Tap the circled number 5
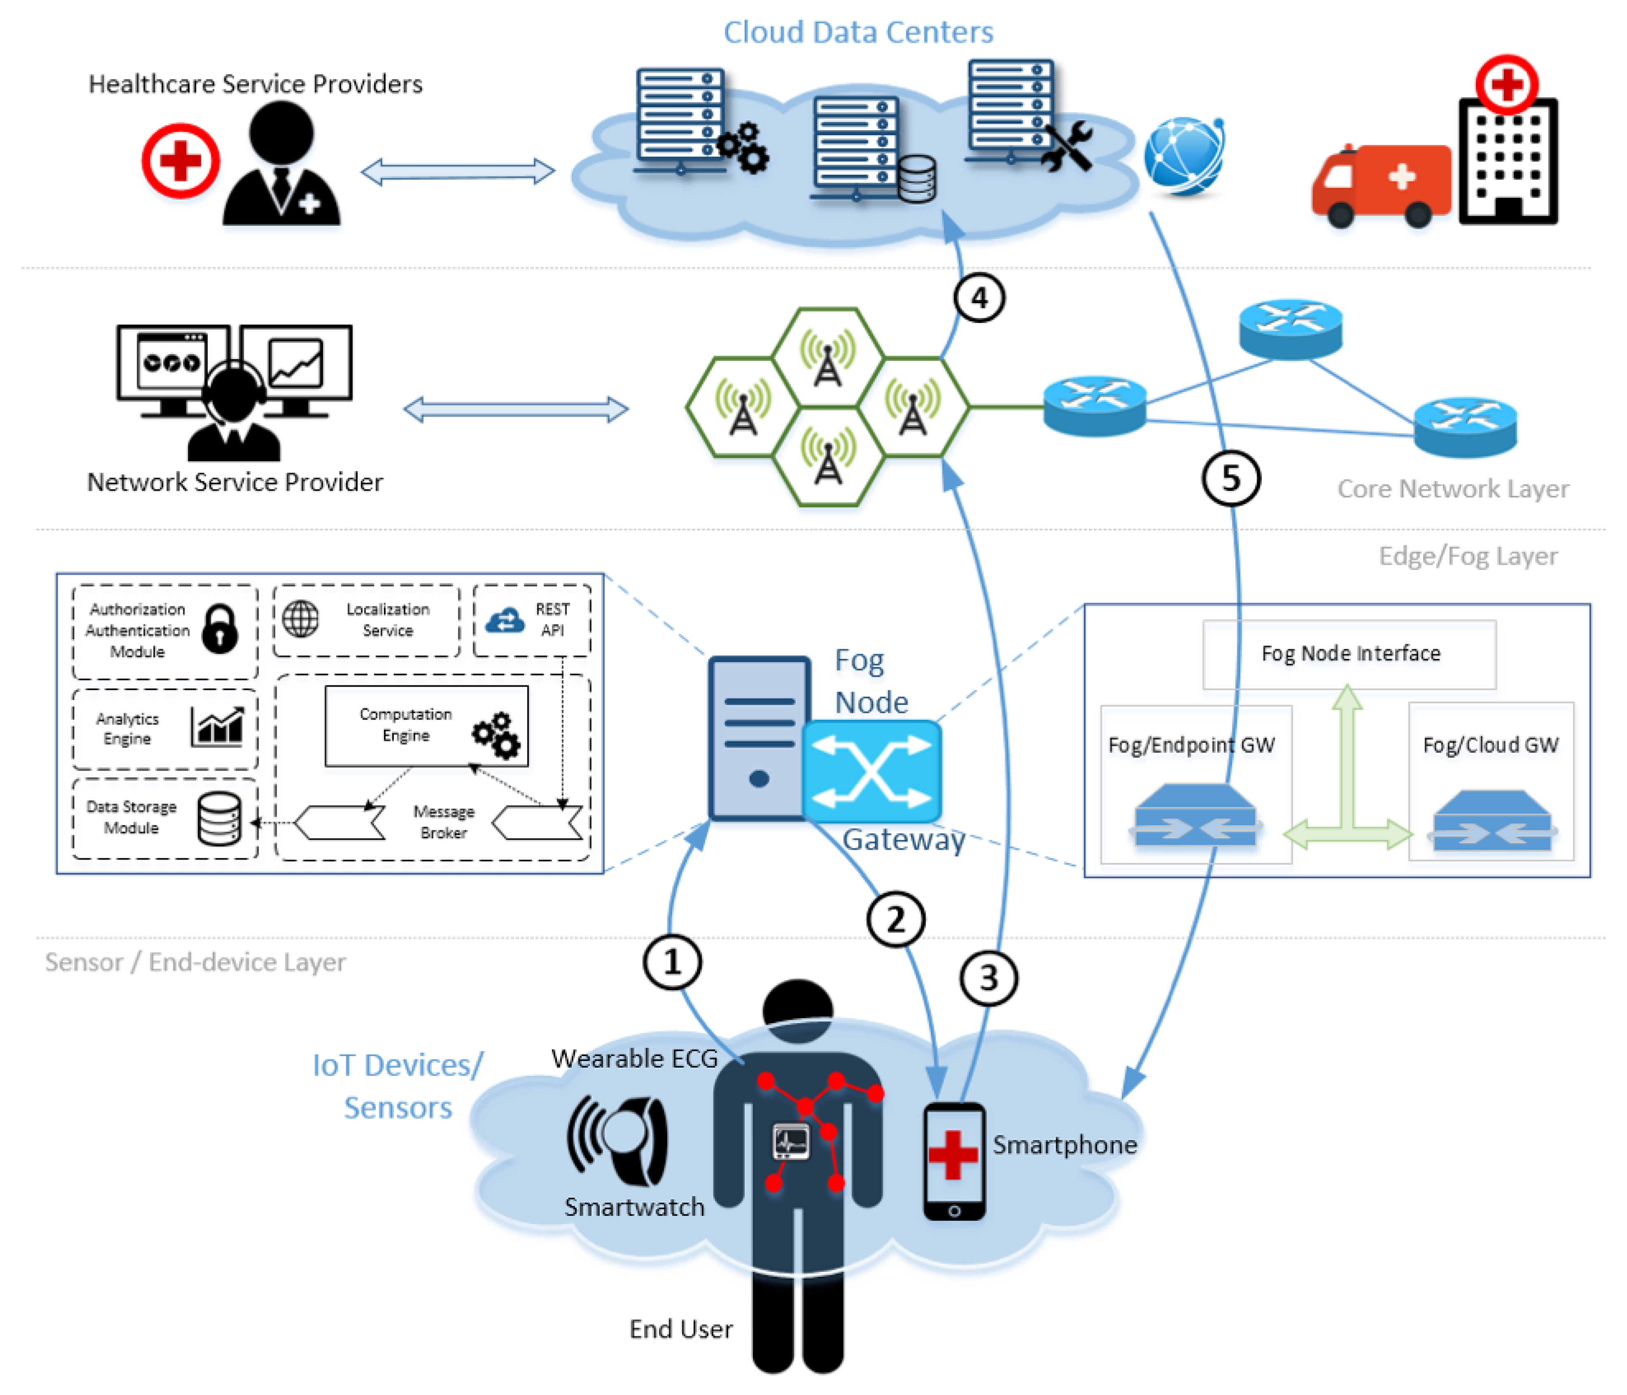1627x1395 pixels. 1230,478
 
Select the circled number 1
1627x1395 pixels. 672,962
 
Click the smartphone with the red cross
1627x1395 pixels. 954,1161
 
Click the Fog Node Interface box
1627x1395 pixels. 1349,654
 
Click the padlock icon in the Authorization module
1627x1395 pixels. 220,629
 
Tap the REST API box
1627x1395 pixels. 532,620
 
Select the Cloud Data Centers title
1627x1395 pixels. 858,32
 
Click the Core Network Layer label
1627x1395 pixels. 1453,488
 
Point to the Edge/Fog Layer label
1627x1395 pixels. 1468,556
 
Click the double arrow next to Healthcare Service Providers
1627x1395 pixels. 458,171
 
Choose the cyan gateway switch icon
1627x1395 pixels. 872,771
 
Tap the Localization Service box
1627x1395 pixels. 366,620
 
